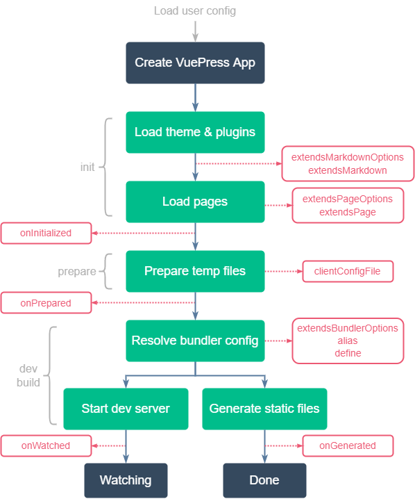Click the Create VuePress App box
pyautogui.click(x=195, y=63)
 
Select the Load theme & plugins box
pyautogui.click(x=195, y=132)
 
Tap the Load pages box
pyautogui.click(x=195, y=202)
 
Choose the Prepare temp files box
pyautogui.click(x=195, y=271)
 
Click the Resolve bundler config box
pyautogui.click(x=195, y=341)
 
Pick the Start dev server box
pyautogui.click(x=126, y=409)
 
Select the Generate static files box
pyautogui.click(x=264, y=409)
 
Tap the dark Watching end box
pyautogui.click(x=126, y=480)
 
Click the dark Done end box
pyautogui.click(x=264, y=480)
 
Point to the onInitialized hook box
pyautogui.click(x=46, y=233)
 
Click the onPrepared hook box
pyautogui.click(x=46, y=303)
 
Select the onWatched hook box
pyautogui.click(x=46, y=445)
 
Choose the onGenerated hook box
pyautogui.click(x=348, y=445)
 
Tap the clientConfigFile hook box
pyautogui.click(x=348, y=271)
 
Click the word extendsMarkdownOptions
pyautogui.click(x=348, y=158)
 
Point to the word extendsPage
pyautogui.click(x=348, y=211)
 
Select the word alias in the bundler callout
pyautogui.click(x=348, y=341)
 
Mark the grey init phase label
pyautogui.click(x=87, y=167)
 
